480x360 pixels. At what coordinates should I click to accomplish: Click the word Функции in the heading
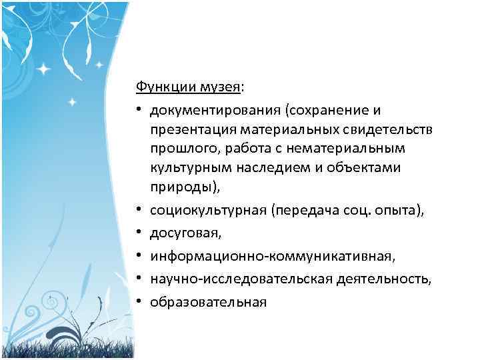157,87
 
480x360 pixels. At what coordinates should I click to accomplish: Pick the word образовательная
208,302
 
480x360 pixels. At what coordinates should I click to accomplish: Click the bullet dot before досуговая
140,233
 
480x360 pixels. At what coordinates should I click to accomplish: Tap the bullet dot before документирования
140,109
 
